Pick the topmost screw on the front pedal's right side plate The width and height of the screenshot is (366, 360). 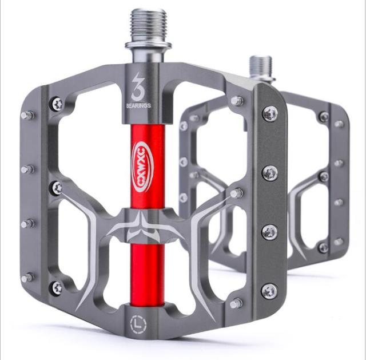point(269,113)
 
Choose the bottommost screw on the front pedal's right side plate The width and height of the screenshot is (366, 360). point(269,291)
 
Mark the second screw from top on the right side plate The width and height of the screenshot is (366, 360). point(270,172)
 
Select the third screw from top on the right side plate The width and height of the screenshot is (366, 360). point(269,232)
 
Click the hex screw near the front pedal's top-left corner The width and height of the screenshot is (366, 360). point(57,104)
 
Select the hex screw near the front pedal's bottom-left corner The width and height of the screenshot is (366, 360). point(57,288)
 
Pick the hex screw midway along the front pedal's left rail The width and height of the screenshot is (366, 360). point(57,188)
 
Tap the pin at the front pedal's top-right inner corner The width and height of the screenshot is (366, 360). point(236,101)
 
